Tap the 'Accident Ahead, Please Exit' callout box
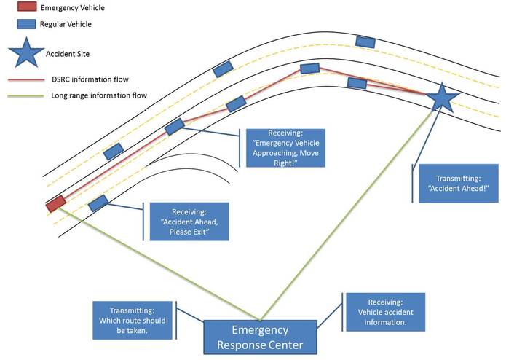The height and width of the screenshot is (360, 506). pos(189,222)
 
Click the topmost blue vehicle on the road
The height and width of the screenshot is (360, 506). pos(363,41)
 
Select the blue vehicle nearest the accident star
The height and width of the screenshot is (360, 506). pos(357,82)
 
